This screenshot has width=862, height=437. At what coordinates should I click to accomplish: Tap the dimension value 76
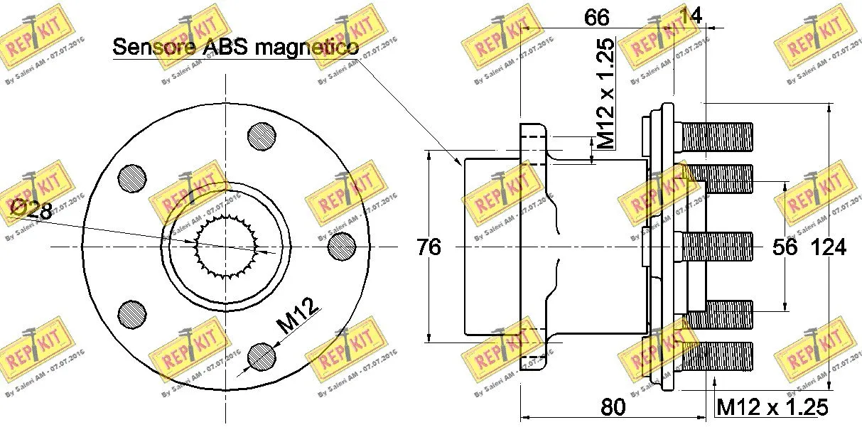[x=428, y=247]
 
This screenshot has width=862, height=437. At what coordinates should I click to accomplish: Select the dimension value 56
[x=785, y=247]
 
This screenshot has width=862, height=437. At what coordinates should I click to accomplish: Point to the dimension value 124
[x=829, y=247]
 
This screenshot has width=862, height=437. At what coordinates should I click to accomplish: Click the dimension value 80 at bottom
[x=613, y=407]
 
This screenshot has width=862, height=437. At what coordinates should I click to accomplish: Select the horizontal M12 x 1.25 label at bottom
[x=772, y=407]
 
